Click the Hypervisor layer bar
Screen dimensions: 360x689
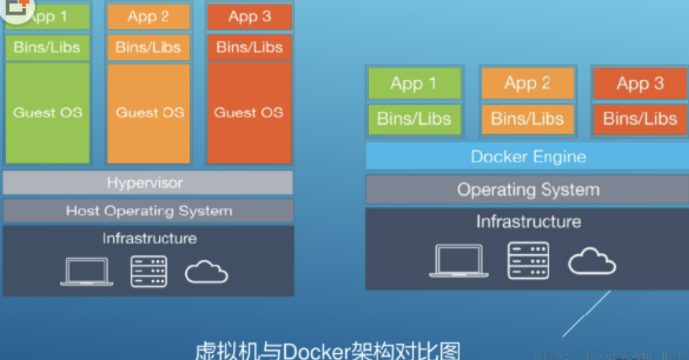coord(148,183)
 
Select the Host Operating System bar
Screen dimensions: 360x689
coord(148,211)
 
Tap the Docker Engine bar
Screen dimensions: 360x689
coord(528,157)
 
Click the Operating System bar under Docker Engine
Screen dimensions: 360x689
coord(528,190)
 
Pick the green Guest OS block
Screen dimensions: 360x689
coord(48,113)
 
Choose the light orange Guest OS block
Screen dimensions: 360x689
coord(149,113)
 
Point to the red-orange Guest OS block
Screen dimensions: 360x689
coord(249,113)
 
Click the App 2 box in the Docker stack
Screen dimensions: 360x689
coord(527,84)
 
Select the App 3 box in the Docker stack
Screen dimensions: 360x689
coord(640,84)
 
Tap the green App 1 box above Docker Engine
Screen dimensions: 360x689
coord(414,84)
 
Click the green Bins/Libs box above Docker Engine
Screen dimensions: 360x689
coord(414,119)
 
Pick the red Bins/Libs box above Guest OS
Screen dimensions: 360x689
coord(249,47)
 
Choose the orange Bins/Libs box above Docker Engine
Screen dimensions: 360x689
coord(527,119)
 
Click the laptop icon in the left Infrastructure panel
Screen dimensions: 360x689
coord(86,272)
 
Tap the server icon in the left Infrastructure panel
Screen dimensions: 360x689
coord(149,272)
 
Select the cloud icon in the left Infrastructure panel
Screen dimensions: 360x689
coord(206,273)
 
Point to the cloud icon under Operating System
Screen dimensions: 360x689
coord(592,262)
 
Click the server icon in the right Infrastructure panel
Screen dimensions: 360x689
coord(528,261)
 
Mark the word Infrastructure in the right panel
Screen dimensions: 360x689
coord(528,222)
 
